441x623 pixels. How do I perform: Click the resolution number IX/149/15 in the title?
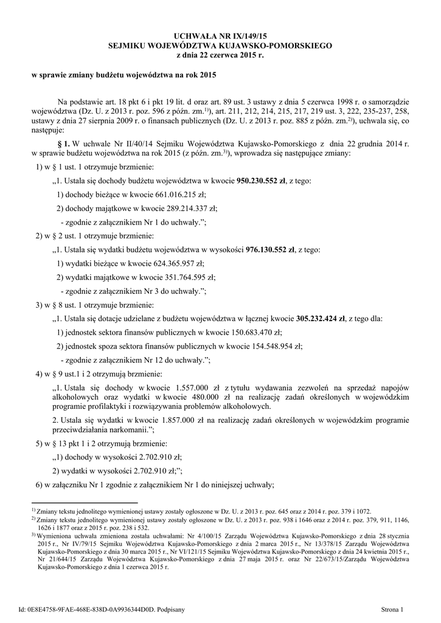[x=243, y=37]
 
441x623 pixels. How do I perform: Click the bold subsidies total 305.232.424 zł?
[x=321, y=318]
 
